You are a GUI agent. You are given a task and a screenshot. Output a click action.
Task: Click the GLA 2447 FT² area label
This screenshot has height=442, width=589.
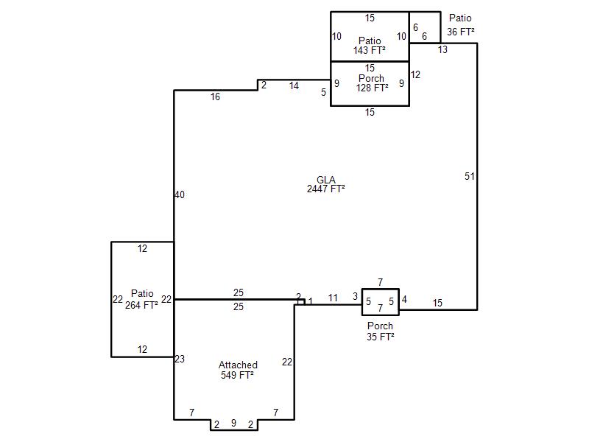pos(325,184)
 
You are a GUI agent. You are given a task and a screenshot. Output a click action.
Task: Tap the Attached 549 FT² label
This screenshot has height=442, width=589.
pos(238,370)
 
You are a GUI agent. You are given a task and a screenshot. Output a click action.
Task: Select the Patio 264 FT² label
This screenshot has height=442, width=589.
pos(141,299)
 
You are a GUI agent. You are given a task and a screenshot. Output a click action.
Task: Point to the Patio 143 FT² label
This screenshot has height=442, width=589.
pos(370,46)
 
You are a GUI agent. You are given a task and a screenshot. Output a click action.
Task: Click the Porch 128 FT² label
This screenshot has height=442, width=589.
pos(372,83)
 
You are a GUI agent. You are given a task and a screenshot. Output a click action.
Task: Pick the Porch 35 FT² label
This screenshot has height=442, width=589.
pos(380,331)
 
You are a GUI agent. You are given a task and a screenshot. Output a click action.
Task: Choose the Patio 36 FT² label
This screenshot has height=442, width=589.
pos(461,25)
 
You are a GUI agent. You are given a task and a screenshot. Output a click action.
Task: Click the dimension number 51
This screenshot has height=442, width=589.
pos(470,176)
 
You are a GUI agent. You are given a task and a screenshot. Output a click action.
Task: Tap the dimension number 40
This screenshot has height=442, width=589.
pos(180,194)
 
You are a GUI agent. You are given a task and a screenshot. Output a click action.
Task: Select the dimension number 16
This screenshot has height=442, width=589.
pos(215,97)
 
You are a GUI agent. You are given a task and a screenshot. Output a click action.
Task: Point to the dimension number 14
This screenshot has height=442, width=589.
pos(294,86)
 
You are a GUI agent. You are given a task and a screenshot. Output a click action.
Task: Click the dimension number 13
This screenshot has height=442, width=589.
pos(443,49)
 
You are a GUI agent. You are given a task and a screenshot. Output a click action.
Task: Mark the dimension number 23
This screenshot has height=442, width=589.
pos(180,359)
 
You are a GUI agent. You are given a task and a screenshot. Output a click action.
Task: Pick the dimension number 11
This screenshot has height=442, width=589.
pos(333,298)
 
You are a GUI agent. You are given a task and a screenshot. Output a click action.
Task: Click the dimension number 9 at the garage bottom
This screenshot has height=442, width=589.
pos(233,423)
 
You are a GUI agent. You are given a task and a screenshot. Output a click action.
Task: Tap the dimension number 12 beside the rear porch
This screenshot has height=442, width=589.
pos(415,75)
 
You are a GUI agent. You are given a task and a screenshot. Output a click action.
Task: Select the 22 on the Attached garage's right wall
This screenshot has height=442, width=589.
pos(287,362)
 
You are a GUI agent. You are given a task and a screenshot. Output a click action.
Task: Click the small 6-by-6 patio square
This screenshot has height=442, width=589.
pos(425,27)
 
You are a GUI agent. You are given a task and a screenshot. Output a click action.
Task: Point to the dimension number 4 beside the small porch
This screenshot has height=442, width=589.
pos(404,300)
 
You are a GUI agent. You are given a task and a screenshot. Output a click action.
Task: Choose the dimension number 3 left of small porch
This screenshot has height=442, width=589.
pos(356,297)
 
